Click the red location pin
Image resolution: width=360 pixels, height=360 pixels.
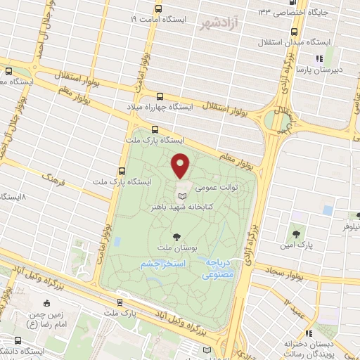181,165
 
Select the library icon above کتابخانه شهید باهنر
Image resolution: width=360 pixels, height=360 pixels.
184,196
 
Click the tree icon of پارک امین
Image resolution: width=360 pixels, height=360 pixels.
297,233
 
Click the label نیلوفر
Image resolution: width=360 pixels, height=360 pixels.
349,229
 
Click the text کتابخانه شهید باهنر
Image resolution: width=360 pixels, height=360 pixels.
181,208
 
